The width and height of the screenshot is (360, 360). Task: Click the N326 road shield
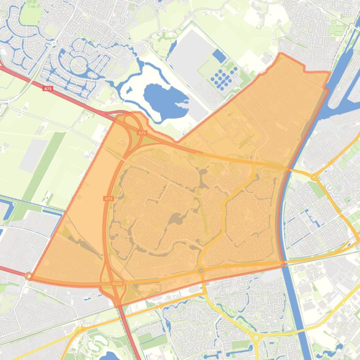(117, 283)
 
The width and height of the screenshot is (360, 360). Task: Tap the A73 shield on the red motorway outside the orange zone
(47, 87)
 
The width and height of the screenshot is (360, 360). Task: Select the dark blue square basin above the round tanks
(219, 57)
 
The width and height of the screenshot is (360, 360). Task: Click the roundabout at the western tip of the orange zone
(29, 276)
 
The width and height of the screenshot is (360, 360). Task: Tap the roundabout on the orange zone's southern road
(202, 270)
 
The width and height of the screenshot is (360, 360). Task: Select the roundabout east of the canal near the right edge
(315, 177)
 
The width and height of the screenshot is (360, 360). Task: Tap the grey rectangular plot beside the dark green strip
(33, 155)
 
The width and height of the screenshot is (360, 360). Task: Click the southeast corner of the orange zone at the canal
(284, 265)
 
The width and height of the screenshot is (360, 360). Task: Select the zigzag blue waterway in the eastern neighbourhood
(309, 215)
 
